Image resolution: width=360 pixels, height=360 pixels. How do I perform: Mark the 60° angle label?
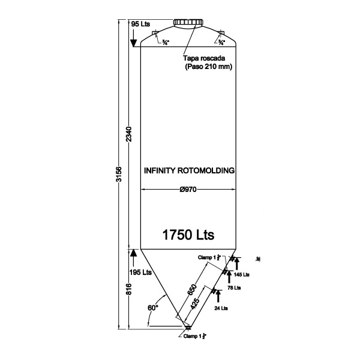pos(152,307)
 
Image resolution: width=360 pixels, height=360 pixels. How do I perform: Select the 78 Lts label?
pos(235,288)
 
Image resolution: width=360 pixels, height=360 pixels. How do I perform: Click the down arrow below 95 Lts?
pos(134,40)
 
